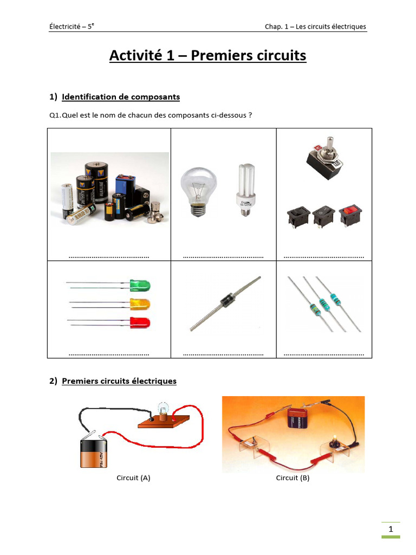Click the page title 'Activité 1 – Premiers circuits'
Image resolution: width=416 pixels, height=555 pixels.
(207, 55)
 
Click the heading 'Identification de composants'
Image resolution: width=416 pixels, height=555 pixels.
(121, 97)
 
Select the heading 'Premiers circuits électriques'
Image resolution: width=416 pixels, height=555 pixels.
(119, 381)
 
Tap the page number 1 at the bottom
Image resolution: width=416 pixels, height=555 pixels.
(390, 529)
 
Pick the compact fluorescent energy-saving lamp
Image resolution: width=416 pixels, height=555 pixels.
(244, 189)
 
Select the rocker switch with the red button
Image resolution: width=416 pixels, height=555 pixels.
(350, 215)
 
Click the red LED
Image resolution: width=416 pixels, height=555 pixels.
(140, 323)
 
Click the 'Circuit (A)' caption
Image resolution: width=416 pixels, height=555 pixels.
(133, 478)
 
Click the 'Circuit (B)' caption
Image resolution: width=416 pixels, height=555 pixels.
(292, 478)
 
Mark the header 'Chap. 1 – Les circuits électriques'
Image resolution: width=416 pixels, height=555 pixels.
(315, 27)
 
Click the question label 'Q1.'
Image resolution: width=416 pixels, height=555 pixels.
(56, 115)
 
